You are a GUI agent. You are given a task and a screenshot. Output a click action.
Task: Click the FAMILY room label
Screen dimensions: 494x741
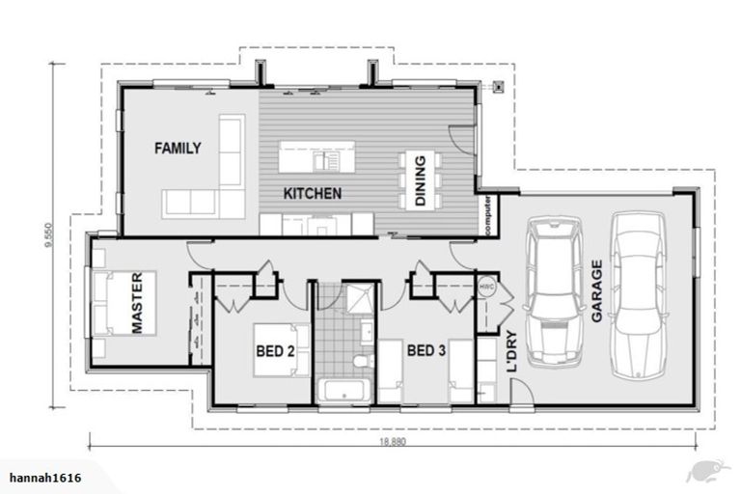[x=178, y=149]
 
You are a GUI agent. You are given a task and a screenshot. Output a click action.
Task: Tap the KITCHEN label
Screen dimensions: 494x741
[x=312, y=194]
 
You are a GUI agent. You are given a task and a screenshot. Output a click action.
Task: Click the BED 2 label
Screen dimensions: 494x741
[x=274, y=351]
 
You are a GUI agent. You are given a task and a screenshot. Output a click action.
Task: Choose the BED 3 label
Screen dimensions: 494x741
[x=425, y=351]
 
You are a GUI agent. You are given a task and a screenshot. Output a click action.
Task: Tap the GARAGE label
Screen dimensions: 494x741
[x=596, y=288]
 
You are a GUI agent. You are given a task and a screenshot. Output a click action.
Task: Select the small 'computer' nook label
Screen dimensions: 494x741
[x=491, y=215]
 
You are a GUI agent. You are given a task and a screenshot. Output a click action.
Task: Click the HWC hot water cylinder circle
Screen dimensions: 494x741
[x=487, y=286]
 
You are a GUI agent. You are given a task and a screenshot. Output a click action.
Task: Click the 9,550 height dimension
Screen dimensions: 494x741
[x=47, y=235]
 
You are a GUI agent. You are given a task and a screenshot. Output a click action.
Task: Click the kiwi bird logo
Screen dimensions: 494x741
[x=704, y=470]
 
